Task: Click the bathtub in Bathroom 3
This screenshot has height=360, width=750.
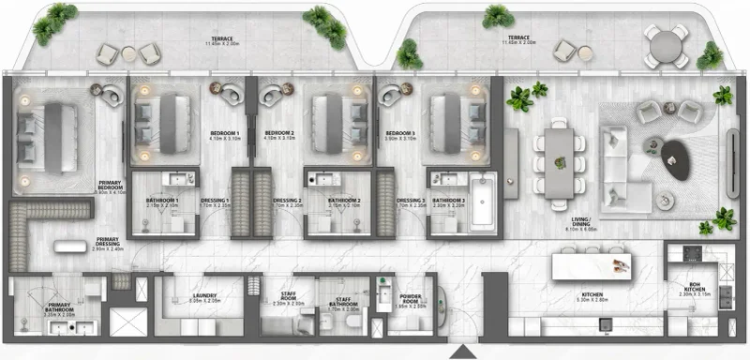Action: (481, 201)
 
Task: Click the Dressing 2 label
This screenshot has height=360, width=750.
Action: (286, 202)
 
